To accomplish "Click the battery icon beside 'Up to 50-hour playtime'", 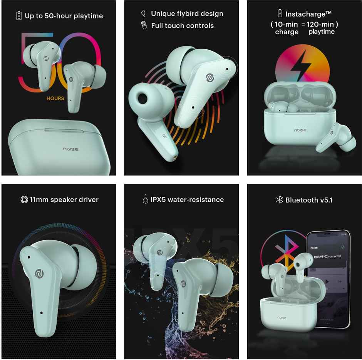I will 18,16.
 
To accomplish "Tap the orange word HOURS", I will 55,98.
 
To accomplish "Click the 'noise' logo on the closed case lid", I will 71,148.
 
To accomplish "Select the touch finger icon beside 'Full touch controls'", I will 144,25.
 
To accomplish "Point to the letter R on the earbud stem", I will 164,136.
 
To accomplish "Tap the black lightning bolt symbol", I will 302,67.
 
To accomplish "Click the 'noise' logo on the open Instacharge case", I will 300,130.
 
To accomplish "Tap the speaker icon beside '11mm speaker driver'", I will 24,199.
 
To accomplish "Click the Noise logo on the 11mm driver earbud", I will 39,273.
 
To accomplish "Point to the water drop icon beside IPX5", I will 145,199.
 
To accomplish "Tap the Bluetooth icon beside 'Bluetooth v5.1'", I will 280,200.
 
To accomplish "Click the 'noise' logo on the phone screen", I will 318,247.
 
